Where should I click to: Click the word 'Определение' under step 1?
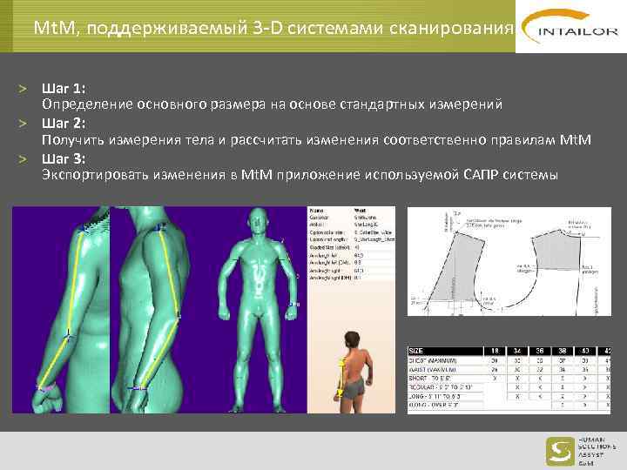(x=87, y=105)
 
